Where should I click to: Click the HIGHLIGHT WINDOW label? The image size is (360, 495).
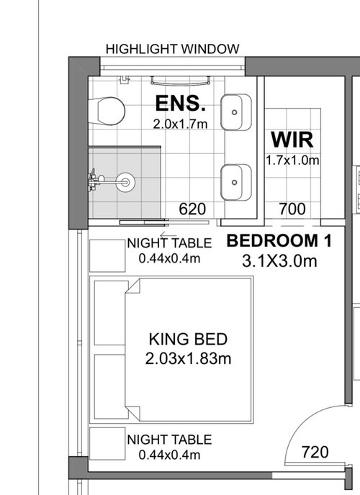click(172, 49)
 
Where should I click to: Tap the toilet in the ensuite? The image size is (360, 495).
click(109, 110)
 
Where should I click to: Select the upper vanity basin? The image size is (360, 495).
click(235, 112)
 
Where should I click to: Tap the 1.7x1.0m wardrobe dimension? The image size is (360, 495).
click(292, 160)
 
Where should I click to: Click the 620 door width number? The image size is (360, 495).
click(192, 209)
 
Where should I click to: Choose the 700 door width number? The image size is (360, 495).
click(292, 209)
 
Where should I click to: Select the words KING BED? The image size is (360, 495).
click(188, 339)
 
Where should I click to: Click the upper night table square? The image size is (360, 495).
click(106, 253)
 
